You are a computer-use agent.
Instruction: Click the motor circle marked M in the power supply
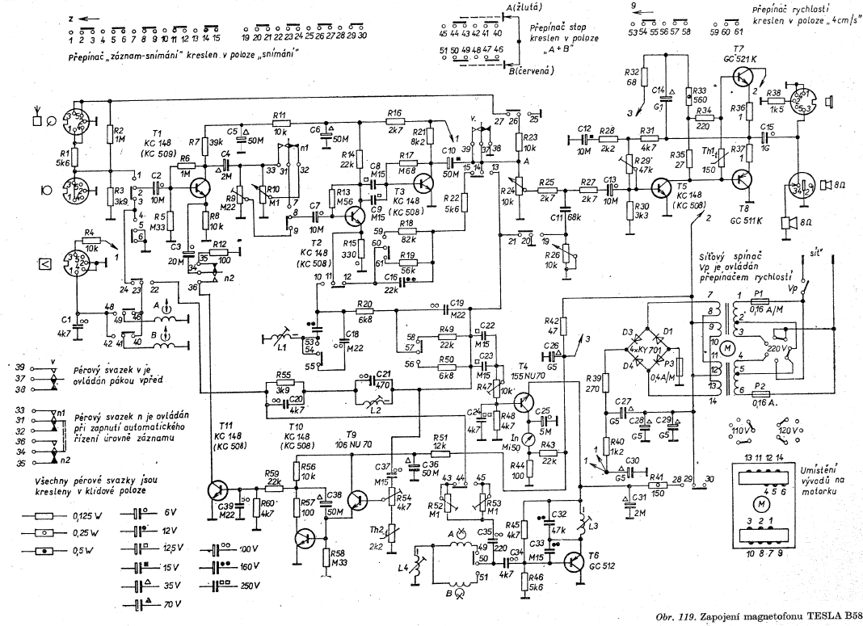pos(726,347)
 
